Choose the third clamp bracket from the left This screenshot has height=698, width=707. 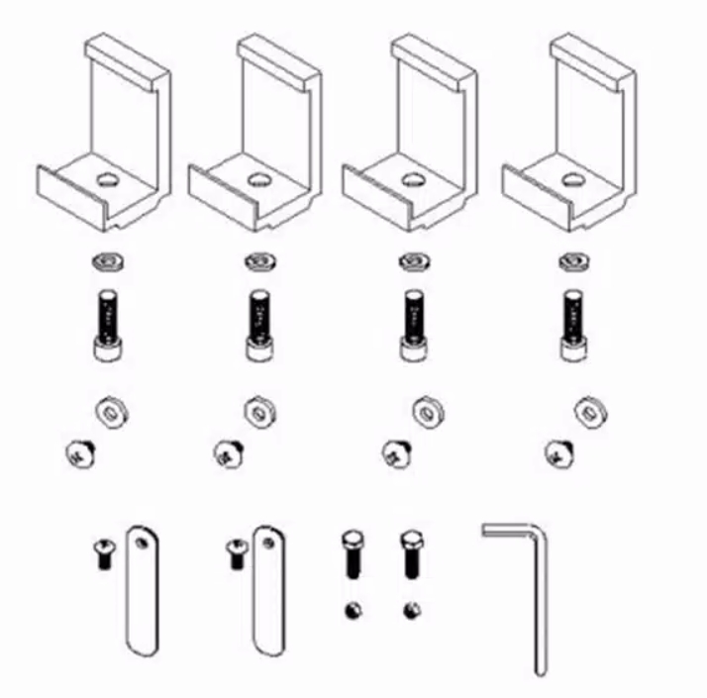[414, 139]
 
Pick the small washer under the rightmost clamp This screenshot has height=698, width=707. [569, 262]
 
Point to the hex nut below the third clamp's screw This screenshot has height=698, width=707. [427, 408]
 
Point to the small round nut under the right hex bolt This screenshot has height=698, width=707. [411, 610]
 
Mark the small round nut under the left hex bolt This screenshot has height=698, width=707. [352, 610]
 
